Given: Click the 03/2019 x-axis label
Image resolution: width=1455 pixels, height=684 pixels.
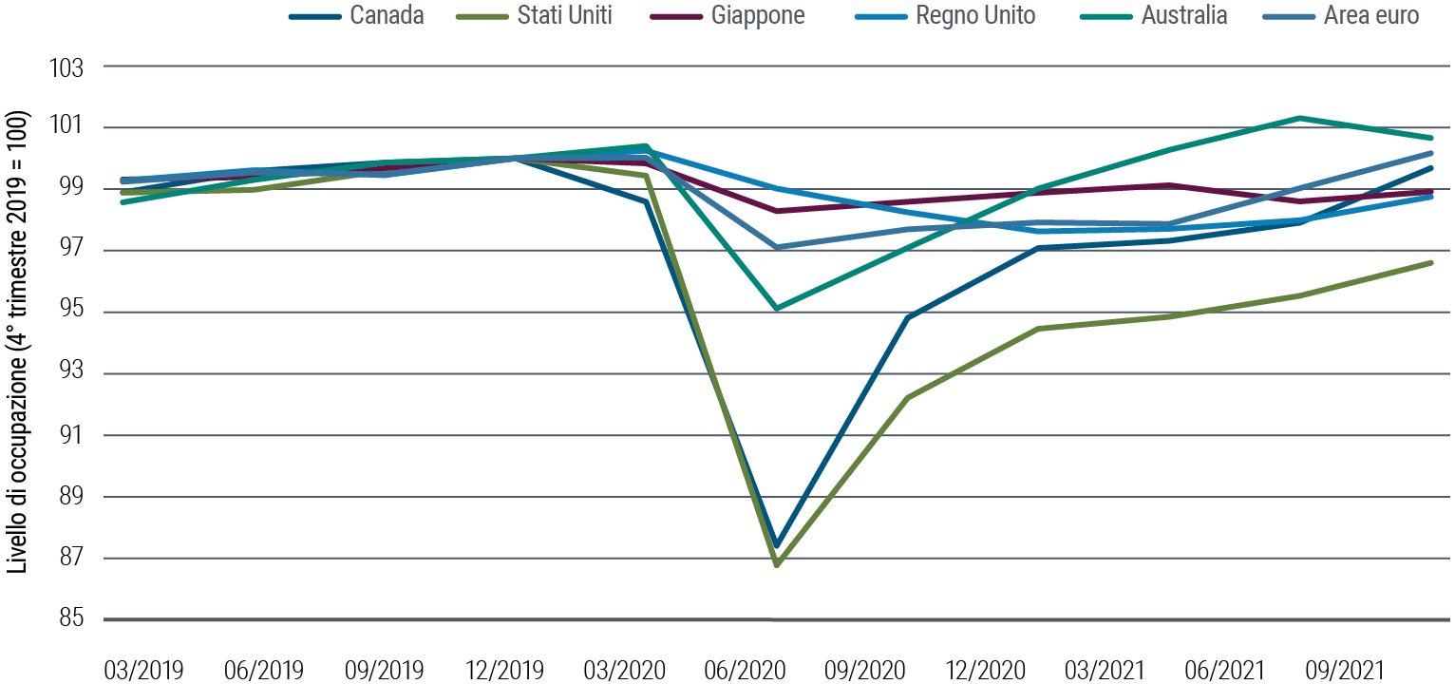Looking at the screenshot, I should click(x=143, y=670).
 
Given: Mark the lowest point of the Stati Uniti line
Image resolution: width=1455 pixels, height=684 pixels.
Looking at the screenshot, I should click(x=777, y=565).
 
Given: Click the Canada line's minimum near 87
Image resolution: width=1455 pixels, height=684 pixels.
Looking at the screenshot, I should click(x=777, y=546).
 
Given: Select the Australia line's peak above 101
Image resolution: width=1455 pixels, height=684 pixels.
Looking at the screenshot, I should click(x=1299, y=118).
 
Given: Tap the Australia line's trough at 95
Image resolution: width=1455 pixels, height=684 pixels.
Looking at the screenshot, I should click(x=777, y=309).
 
